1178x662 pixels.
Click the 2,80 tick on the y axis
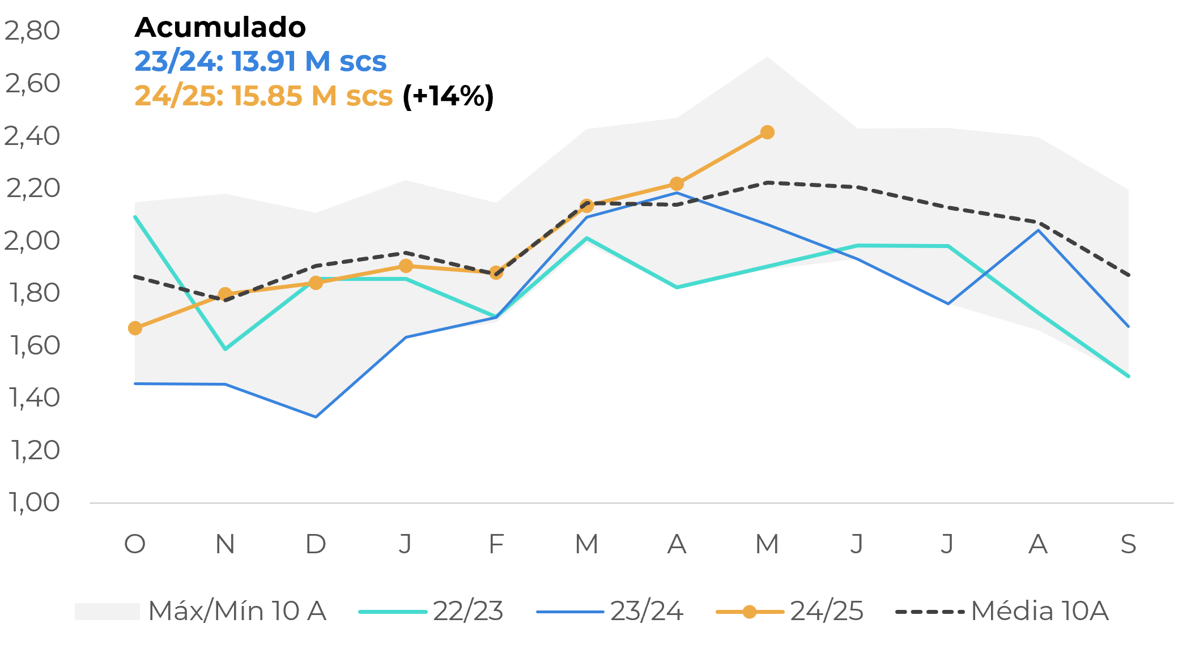point(32,31)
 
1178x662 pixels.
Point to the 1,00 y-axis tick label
point(33,502)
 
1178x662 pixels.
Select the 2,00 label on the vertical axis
point(32,241)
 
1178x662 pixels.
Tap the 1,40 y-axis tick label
point(33,398)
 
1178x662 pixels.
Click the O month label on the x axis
point(135,544)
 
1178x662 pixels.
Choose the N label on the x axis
point(225,544)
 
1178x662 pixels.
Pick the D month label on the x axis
point(316,544)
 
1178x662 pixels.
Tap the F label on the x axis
point(496,544)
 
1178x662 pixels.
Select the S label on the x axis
point(1128,544)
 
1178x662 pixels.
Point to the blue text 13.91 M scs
point(309,61)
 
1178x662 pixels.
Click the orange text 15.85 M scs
point(312,96)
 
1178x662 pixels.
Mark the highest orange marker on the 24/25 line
point(767,133)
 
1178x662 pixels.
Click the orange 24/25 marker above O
point(135,328)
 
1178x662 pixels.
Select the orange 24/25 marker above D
point(316,283)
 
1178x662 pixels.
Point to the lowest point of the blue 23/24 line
point(316,417)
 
